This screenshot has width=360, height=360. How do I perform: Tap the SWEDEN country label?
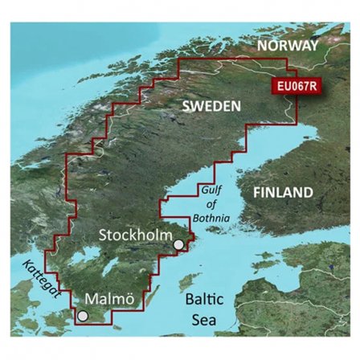(210, 106)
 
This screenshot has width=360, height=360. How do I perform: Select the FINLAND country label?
(282, 193)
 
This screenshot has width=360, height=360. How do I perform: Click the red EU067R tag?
(296, 82)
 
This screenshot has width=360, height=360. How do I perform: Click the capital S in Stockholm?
(103, 235)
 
